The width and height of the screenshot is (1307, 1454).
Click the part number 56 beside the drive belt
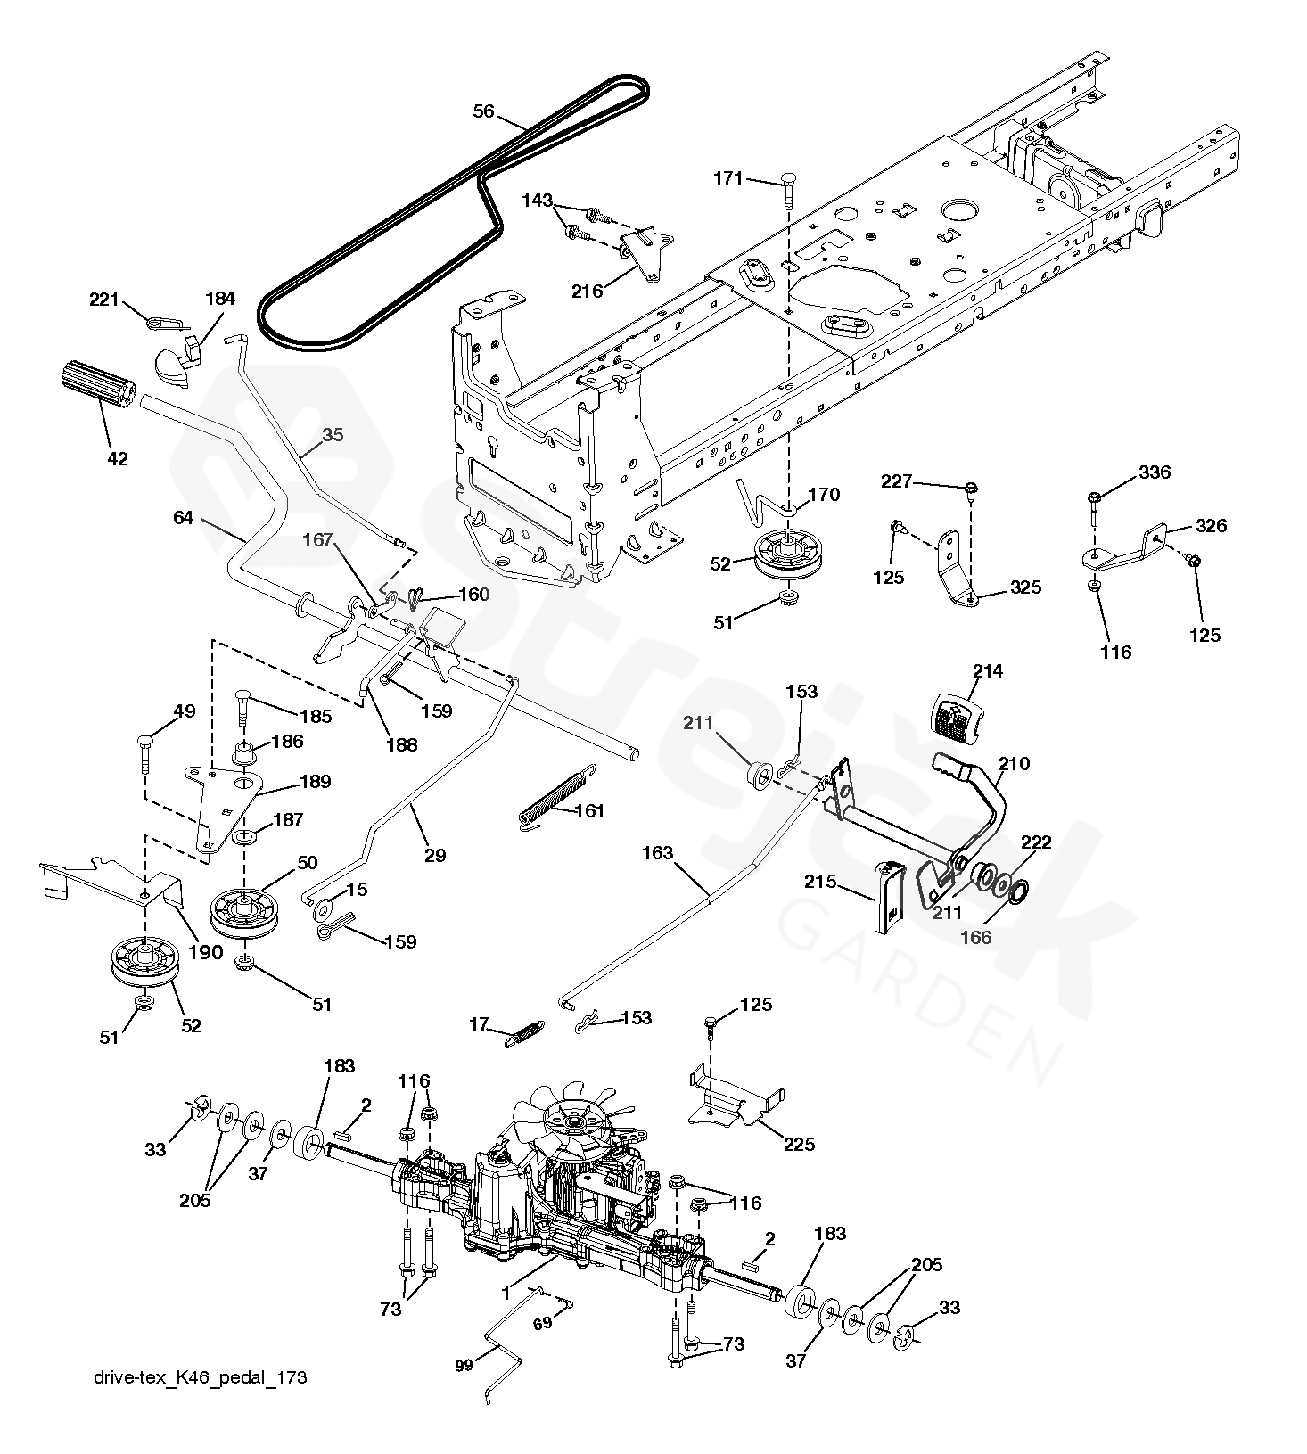(483, 111)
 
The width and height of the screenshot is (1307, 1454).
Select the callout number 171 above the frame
(727, 178)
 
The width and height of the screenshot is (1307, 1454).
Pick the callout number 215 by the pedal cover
(820, 882)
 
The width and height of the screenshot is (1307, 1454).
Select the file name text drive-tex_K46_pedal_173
(200, 1377)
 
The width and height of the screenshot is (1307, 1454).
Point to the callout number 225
(798, 1144)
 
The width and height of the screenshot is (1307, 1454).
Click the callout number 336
(1155, 472)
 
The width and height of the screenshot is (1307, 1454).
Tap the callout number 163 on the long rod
(657, 853)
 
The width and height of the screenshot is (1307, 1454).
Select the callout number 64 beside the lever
(183, 517)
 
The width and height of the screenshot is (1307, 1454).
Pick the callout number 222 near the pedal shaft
(1036, 842)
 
